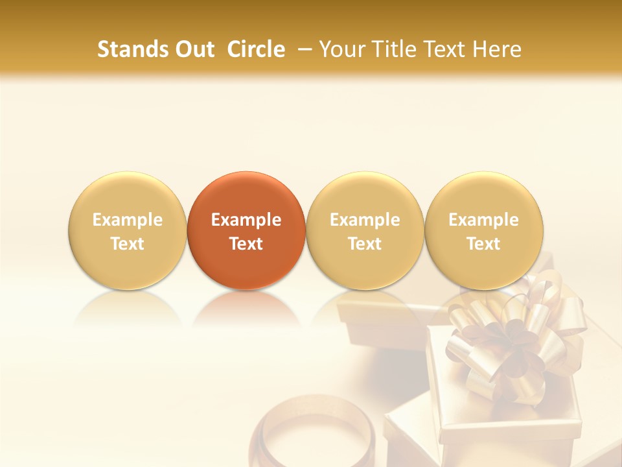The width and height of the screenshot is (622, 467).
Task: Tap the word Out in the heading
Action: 192,49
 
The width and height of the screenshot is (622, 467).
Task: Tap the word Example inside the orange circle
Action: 246,220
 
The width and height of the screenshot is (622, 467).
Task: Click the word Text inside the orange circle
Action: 246,244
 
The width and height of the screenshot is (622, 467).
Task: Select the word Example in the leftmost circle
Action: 127,220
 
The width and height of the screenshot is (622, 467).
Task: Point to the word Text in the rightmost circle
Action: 483,244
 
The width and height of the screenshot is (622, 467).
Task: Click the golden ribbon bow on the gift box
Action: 512,337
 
